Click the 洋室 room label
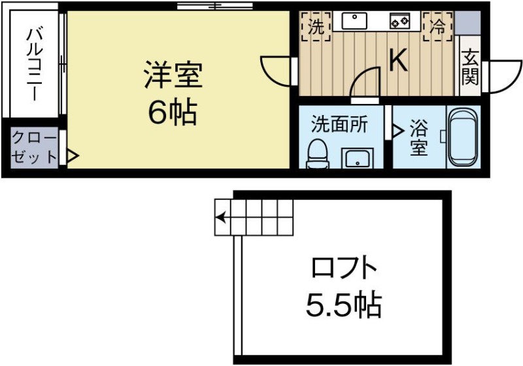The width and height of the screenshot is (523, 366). [x=173, y=76]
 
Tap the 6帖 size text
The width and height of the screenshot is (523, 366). [x=173, y=113]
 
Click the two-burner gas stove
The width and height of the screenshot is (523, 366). [x=399, y=22]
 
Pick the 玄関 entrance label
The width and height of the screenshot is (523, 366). [x=471, y=68]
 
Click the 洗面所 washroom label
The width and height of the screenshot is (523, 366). [x=338, y=123]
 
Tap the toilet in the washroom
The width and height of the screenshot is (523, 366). [x=318, y=154]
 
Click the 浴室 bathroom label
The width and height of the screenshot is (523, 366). [x=419, y=137]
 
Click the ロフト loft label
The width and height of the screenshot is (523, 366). [x=345, y=268]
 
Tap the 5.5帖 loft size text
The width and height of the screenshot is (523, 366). [x=344, y=303]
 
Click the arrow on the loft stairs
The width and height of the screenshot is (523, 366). [x=222, y=217]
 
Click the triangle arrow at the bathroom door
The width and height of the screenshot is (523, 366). [x=397, y=130]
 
